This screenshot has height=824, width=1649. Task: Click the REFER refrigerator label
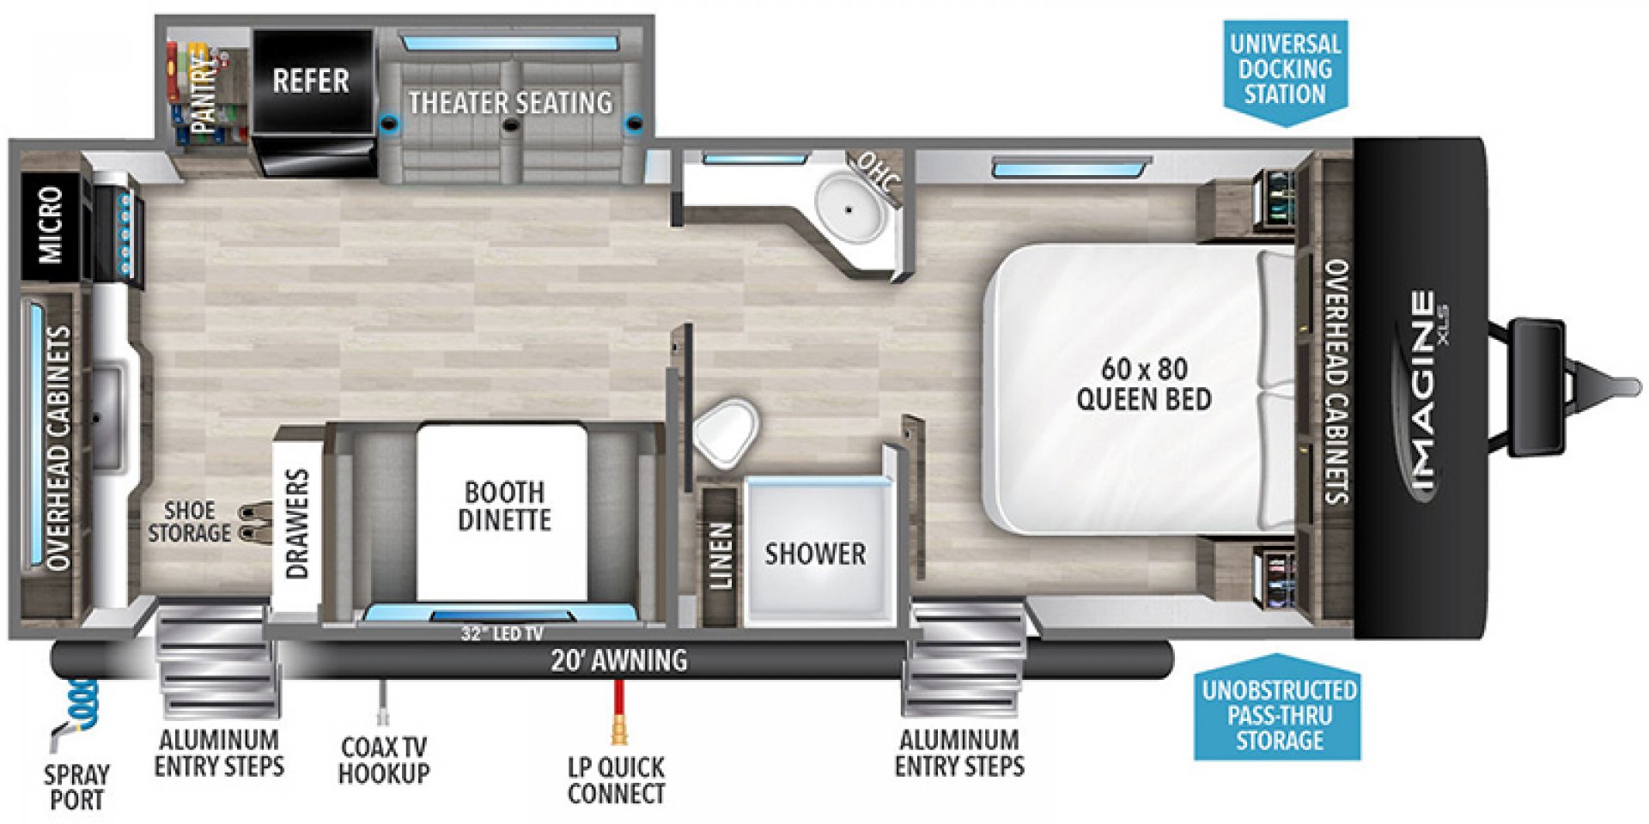[311, 81]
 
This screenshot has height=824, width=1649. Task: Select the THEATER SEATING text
[510, 103]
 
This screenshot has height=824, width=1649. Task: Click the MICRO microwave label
[50, 225]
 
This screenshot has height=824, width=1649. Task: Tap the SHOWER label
[815, 554]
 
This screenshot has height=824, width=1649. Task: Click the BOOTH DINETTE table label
[504, 506]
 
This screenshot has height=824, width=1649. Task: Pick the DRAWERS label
[297, 523]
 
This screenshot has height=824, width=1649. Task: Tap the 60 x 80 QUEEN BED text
[1143, 384]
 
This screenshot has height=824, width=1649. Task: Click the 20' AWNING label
[618, 659]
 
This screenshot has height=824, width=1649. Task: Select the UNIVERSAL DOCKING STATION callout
[1285, 70]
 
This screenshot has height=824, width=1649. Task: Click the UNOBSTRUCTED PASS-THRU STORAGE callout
[1278, 714]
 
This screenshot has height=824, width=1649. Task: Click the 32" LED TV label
[502, 634]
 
